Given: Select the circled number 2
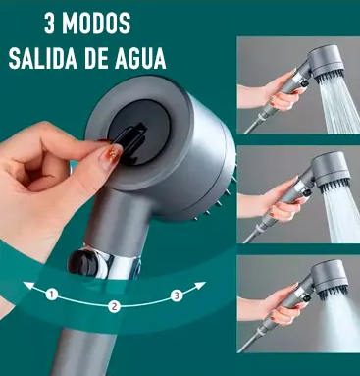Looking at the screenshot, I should pyautogui.click(x=114, y=306).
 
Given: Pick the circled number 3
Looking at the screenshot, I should pyautogui.click(x=175, y=294).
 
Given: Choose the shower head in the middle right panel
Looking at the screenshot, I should pyautogui.click(x=316, y=177).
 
